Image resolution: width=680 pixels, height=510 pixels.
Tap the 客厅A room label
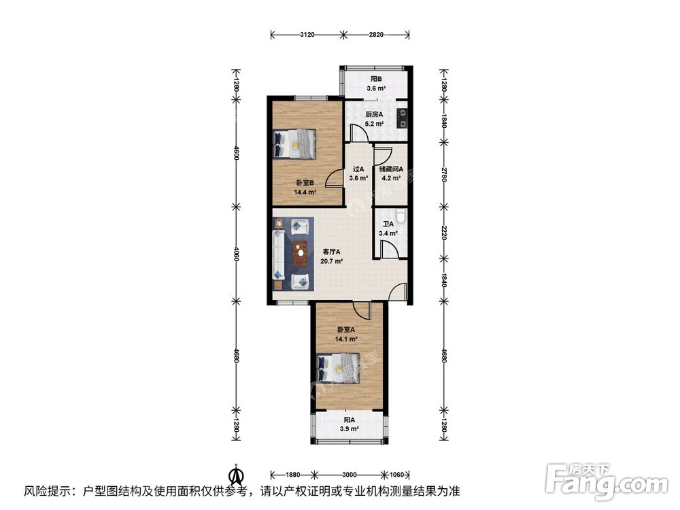click(x=332, y=251)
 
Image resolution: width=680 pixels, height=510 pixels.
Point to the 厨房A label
click(x=374, y=114)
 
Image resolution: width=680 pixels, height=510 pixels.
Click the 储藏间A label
click(x=392, y=169)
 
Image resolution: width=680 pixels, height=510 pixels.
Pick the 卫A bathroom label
click(x=388, y=224)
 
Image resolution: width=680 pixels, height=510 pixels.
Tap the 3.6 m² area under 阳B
click(x=377, y=88)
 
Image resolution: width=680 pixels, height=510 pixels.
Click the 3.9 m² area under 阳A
click(x=350, y=430)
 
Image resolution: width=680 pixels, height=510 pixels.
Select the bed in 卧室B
click(x=294, y=143)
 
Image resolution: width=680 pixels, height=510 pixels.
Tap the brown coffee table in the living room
click(x=299, y=254)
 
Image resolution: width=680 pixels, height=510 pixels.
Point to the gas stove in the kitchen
click(x=402, y=118)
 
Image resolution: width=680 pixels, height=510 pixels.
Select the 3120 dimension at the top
click(x=307, y=34)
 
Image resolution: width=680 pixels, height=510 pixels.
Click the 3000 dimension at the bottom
click(x=350, y=474)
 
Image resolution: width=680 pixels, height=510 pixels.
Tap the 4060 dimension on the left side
click(x=236, y=254)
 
